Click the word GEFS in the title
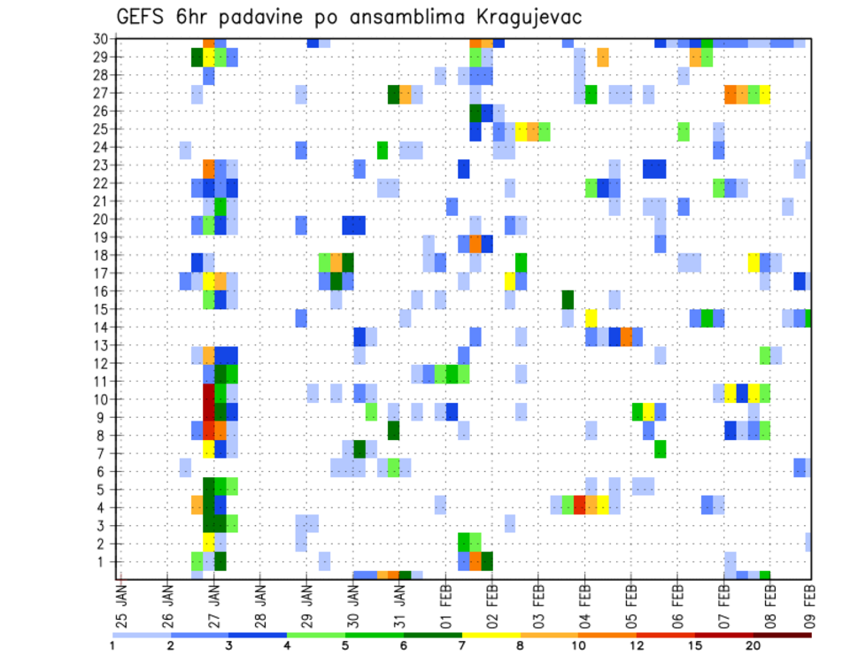[144, 18]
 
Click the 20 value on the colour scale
[754, 645]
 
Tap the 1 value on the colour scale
[112, 645]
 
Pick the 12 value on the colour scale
[637, 645]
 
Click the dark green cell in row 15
[568, 299]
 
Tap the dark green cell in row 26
[475, 112]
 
